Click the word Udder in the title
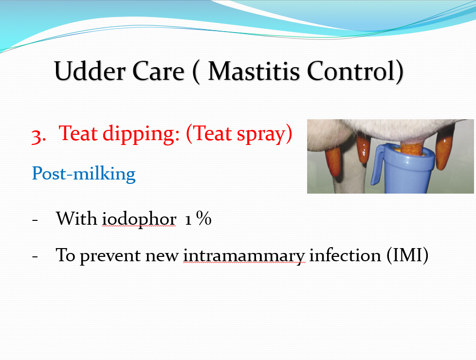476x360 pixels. point(90,71)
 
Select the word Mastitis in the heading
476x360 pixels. point(254,71)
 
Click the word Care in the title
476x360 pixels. point(158,72)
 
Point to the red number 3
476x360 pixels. point(38,136)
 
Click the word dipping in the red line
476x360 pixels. point(141,134)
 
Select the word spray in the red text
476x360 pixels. point(261,134)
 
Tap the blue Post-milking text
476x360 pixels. point(84,174)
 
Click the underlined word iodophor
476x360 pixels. point(139,218)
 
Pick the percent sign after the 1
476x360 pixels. point(204,218)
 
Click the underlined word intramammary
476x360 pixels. point(244,255)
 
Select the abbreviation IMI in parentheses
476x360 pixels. point(407,254)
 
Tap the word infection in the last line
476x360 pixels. point(345,254)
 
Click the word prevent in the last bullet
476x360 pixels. point(110,255)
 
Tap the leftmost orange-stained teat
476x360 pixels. point(333,162)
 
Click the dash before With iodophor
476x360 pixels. point(35,219)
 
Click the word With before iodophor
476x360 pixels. point(76,218)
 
